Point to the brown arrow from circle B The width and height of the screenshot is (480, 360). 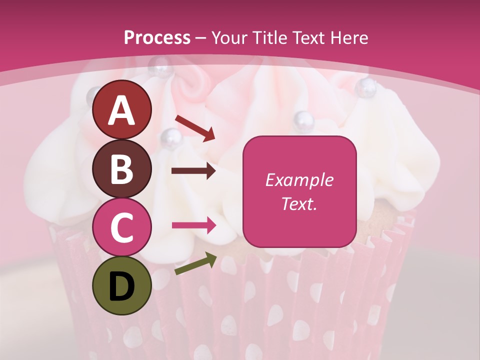[x=193, y=171]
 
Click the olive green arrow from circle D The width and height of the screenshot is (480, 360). [x=195, y=263]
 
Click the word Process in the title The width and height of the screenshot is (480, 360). [x=157, y=37]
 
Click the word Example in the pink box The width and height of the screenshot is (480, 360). [x=299, y=180]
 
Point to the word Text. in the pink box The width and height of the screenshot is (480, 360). [x=299, y=204]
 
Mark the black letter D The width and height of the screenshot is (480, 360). [x=122, y=286]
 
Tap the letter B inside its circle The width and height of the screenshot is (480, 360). [x=122, y=169]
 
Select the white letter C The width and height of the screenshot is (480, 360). [x=122, y=227]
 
